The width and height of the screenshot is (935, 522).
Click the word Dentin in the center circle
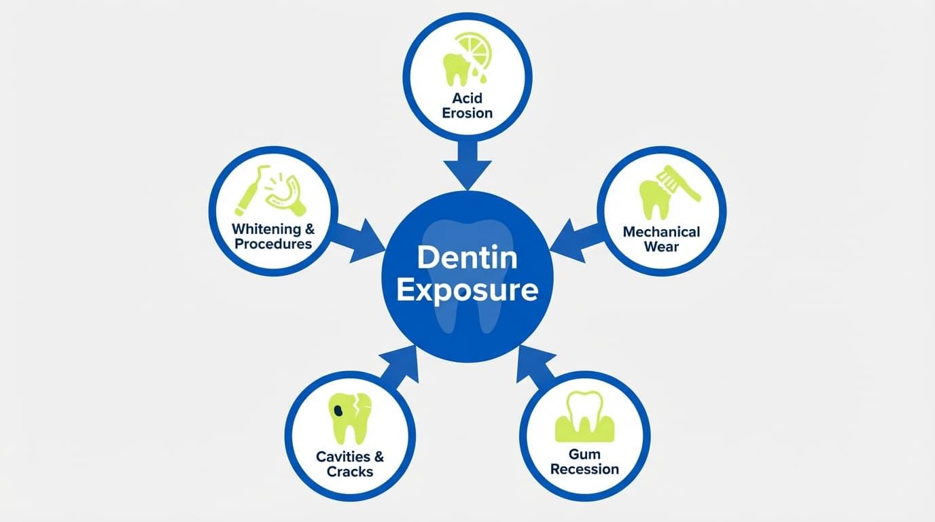click(x=467, y=258)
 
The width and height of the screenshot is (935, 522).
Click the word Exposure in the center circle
click(x=467, y=290)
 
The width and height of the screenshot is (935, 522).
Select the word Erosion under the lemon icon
click(x=467, y=113)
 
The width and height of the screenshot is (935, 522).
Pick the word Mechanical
click(x=661, y=232)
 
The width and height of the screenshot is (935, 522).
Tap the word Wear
click(x=661, y=247)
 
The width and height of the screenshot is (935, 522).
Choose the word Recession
click(x=584, y=469)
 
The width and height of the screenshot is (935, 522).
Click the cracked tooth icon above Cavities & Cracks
click(x=350, y=416)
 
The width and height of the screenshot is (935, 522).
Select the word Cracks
click(x=350, y=471)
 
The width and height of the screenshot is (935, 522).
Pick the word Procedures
click(x=273, y=244)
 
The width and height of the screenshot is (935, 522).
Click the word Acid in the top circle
click(x=467, y=99)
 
